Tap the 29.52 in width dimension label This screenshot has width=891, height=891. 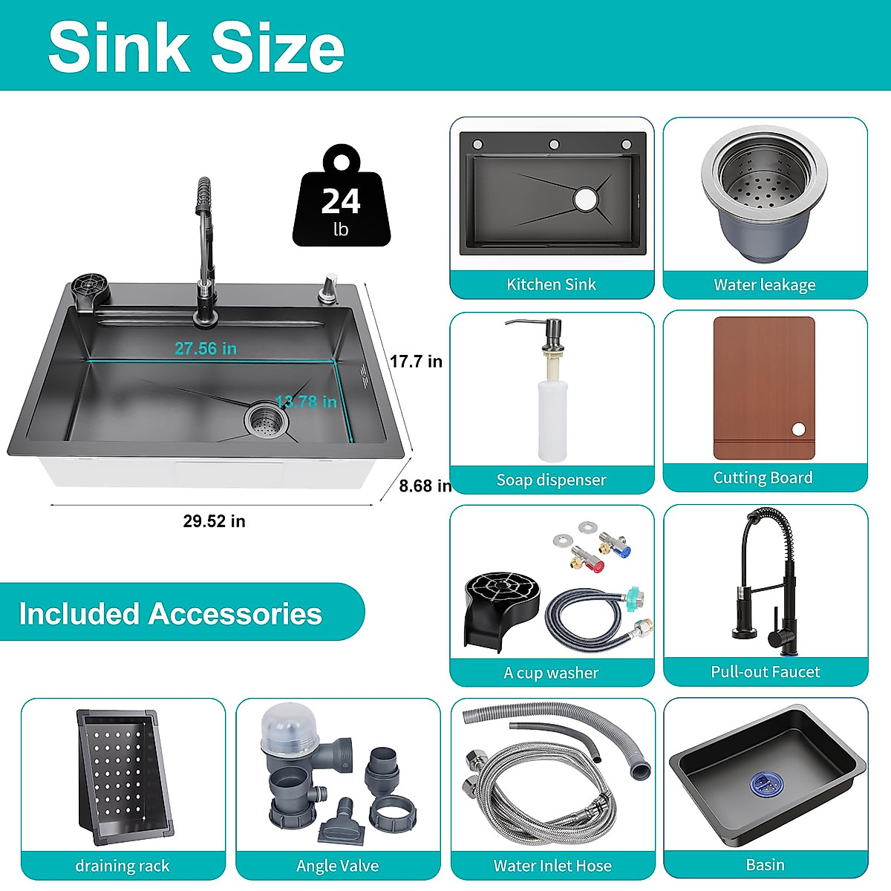(x=214, y=521)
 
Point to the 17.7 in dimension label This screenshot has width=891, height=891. (x=416, y=362)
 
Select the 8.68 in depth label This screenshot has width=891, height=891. (x=425, y=486)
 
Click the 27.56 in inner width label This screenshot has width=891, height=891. (x=206, y=348)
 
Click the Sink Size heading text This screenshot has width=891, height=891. (x=196, y=48)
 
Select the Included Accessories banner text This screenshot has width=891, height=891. (x=171, y=614)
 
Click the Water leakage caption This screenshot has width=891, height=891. (x=765, y=285)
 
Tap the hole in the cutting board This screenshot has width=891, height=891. (x=798, y=429)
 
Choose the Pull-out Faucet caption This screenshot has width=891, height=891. (x=765, y=672)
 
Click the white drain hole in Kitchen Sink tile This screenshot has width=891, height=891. (x=585, y=198)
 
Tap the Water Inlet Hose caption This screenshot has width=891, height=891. (x=552, y=866)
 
